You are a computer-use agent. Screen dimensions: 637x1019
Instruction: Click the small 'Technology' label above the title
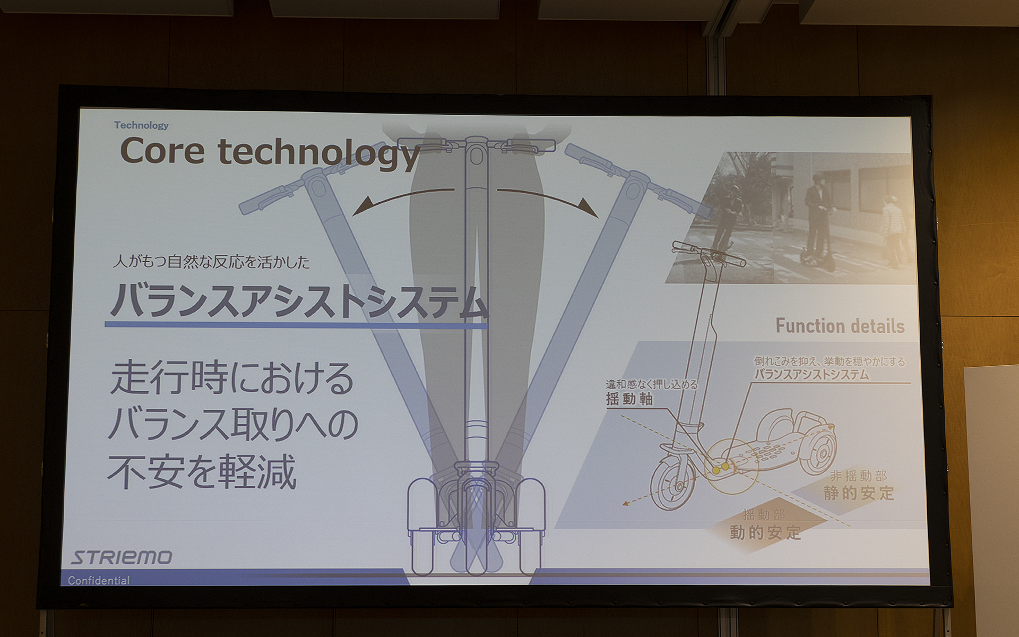(x=141, y=125)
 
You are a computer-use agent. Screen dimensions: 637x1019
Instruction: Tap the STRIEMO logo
(x=122, y=557)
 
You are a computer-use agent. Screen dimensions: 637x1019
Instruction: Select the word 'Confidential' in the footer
(x=99, y=580)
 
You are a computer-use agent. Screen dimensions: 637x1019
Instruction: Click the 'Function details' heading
(x=840, y=326)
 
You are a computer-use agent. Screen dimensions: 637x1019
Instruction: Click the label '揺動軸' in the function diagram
(x=629, y=399)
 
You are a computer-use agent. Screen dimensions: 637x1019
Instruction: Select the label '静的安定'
(x=858, y=493)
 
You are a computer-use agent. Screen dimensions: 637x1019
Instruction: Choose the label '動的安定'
(x=765, y=532)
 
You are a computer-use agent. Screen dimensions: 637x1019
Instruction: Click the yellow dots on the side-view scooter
(x=720, y=468)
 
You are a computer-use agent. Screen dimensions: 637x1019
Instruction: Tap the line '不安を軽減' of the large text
(x=202, y=471)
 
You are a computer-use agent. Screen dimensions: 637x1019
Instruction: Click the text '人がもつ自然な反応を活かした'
(x=211, y=262)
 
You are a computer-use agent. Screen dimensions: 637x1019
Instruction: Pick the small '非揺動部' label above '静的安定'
(x=858, y=476)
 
